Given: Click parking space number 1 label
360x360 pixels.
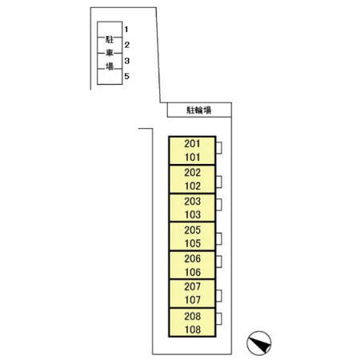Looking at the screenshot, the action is click(x=126, y=29).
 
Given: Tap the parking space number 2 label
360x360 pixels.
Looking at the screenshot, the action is click(x=126, y=45).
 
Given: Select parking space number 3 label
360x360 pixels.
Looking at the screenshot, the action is click(x=126, y=61).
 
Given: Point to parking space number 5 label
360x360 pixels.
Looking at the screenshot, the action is click(x=126, y=76).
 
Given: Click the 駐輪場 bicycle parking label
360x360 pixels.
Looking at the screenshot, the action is click(x=199, y=110).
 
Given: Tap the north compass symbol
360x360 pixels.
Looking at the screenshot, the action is click(x=259, y=343).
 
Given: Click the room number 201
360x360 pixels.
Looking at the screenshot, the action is click(x=192, y=144).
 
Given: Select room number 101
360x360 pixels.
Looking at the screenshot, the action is click(x=193, y=158).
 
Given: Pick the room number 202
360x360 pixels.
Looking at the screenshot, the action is click(x=192, y=173).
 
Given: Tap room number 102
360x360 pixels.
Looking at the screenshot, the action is click(x=193, y=186).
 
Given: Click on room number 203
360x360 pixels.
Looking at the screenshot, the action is click(x=192, y=202).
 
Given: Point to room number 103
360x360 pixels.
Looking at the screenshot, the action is click(x=193, y=214).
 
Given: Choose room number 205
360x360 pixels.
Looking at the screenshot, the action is click(x=192, y=230).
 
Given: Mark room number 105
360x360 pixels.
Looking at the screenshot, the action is click(x=193, y=243).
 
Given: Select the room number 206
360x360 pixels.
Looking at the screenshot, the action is click(x=192, y=258).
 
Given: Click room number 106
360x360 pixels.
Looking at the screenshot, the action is click(x=193, y=272).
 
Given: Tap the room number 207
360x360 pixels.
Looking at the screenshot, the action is click(x=192, y=286).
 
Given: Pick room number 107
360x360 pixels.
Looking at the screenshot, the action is click(x=193, y=300).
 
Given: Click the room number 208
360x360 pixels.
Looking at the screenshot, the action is click(x=192, y=317).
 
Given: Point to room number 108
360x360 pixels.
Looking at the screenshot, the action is click(x=193, y=330).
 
